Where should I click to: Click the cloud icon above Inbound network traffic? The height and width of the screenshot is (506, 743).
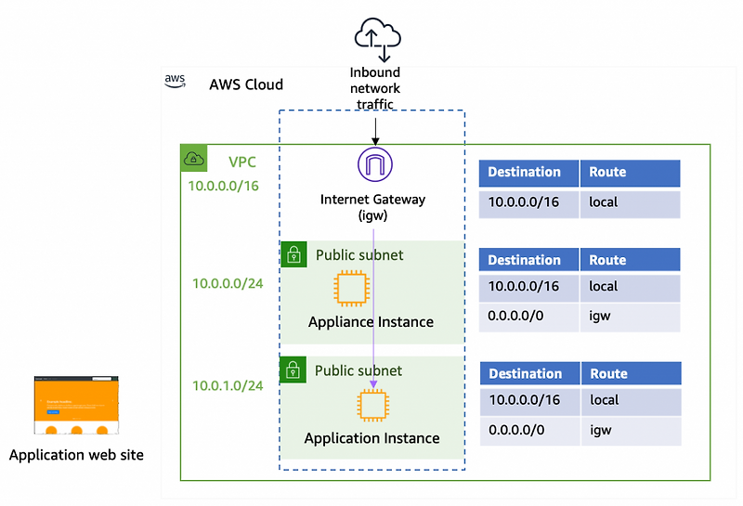(x=377, y=38)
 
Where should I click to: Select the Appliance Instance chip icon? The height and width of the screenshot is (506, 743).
(x=351, y=288)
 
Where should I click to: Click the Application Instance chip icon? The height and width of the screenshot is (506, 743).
(x=372, y=406)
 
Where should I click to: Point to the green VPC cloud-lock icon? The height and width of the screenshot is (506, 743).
(x=193, y=158)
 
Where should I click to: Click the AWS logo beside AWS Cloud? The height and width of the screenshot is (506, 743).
(x=176, y=81)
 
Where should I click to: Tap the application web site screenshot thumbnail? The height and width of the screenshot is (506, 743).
(x=77, y=406)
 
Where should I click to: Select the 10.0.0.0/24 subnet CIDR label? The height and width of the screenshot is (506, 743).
(x=228, y=283)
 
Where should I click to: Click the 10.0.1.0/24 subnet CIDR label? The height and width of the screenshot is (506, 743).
(x=228, y=386)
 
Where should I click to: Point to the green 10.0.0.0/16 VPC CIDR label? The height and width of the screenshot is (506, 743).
(x=224, y=186)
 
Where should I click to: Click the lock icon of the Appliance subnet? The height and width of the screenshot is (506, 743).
(x=293, y=254)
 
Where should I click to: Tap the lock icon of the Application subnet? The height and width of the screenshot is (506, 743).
(x=293, y=370)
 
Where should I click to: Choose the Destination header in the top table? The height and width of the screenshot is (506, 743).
(x=525, y=173)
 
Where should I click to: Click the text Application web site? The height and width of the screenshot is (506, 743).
(x=76, y=455)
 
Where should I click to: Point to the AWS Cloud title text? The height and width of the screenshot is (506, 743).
(x=246, y=84)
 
